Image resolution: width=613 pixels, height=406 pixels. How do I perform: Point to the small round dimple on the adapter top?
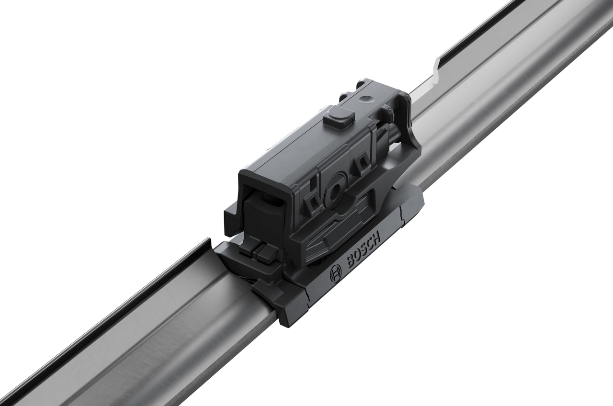click(x=366, y=100)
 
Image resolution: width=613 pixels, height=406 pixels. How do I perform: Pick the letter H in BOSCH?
click(x=376, y=237)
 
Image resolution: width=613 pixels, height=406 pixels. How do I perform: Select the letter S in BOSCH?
click(x=363, y=248)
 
